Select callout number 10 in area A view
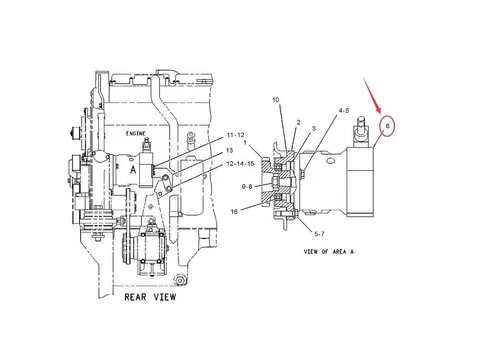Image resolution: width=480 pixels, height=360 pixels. pyautogui.click(x=277, y=101)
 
